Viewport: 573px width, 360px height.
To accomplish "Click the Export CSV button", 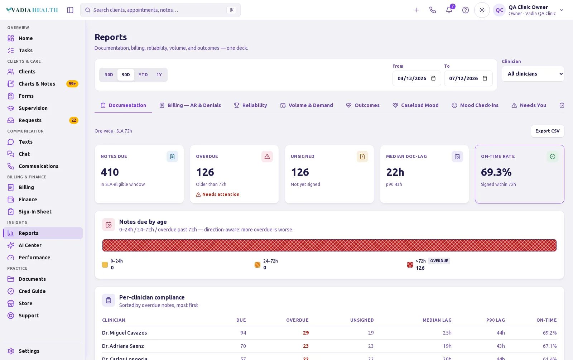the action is pos(547,131).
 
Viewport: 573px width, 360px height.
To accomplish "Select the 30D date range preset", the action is pos(109,75).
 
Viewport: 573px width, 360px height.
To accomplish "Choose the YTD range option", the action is pos(143,75).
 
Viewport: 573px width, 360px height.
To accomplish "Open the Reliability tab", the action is pos(250,105).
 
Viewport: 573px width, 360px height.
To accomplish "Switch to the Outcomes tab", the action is pos(363,105).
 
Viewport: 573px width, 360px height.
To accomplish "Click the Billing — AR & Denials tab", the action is pos(190,105).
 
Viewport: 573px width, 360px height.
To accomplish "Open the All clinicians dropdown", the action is pos(533,74).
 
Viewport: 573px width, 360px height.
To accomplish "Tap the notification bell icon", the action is pos(449,10).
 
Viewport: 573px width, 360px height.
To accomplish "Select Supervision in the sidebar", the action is pos(33,108).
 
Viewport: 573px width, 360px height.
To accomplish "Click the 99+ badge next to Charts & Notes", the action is pos(72,84).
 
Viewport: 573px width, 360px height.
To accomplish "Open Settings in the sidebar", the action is pos(29,351).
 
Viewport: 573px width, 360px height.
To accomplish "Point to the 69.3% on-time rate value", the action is pos(496,172).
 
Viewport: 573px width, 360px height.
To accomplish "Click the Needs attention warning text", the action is pos(221,195).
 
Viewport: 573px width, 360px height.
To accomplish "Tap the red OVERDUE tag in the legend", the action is pos(439,261).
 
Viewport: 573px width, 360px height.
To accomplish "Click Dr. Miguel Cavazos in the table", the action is pos(124,333).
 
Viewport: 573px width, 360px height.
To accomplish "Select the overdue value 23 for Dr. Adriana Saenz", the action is pos(306,346).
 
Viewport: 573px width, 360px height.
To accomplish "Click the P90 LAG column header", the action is pos(496,320).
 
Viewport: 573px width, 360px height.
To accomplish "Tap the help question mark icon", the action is pos(465,10).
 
